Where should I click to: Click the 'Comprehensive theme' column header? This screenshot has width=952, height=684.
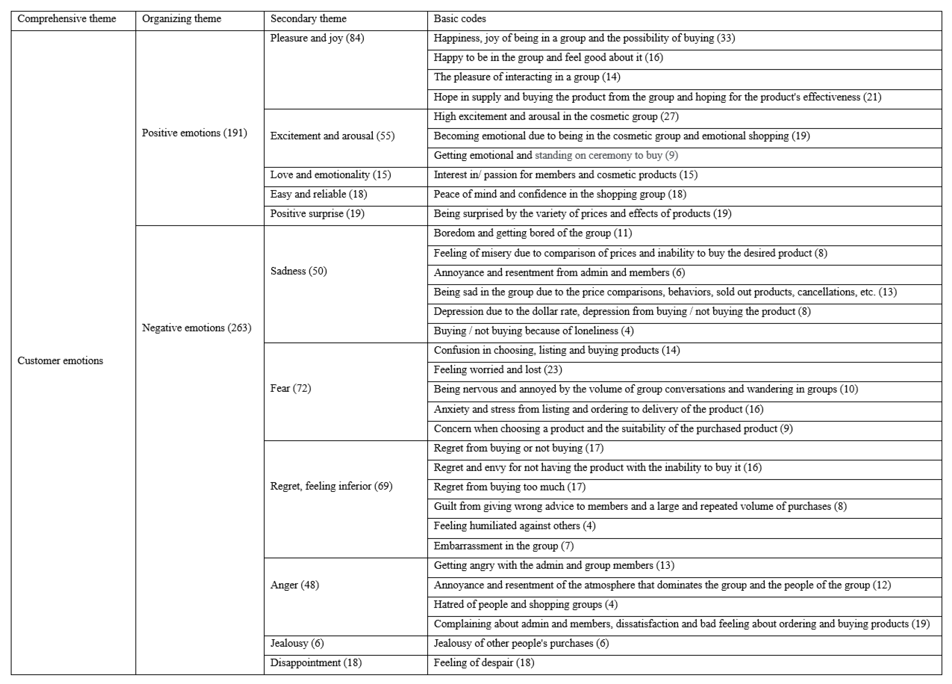(66, 19)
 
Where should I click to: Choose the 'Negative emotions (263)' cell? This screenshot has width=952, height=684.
(196, 328)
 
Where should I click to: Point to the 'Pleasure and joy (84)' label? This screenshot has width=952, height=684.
(317, 38)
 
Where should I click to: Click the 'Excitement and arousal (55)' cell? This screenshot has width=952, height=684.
(332, 136)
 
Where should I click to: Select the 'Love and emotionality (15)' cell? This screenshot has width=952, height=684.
(330, 175)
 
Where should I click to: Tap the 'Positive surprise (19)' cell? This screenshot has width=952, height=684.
(317, 213)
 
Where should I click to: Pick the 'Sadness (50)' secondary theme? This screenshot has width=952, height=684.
(299, 271)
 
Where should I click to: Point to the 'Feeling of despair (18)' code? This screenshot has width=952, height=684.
(484, 662)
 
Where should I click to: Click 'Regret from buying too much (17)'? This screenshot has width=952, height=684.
(509, 487)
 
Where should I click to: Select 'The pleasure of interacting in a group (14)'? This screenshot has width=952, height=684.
(527, 77)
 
